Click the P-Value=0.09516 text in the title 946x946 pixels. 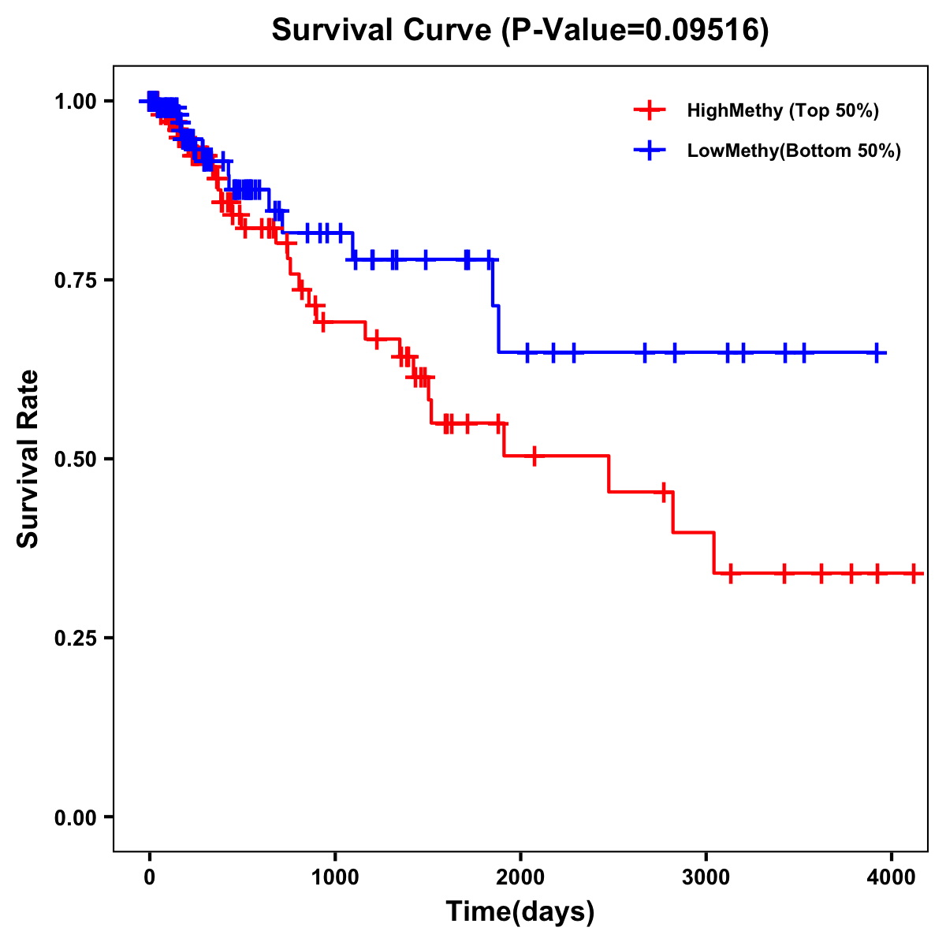(635, 30)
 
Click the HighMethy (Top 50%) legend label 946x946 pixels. (783, 110)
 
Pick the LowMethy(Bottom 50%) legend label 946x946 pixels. (794, 151)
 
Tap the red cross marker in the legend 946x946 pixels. (649, 110)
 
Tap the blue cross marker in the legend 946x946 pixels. (649, 151)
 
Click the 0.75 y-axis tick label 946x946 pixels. (74, 280)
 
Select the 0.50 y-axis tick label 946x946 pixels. (74, 459)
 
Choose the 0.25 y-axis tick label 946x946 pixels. (74, 638)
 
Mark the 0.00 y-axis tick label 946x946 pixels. (74, 817)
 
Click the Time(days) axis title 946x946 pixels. (520, 911)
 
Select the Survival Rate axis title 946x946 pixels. (28, 459)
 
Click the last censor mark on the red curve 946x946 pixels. (914, 573)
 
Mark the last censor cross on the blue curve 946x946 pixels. (877, 352)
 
